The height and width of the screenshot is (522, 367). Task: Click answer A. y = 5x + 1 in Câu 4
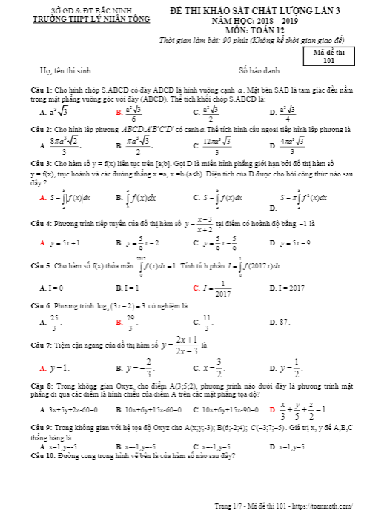[x=62, y=242]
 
